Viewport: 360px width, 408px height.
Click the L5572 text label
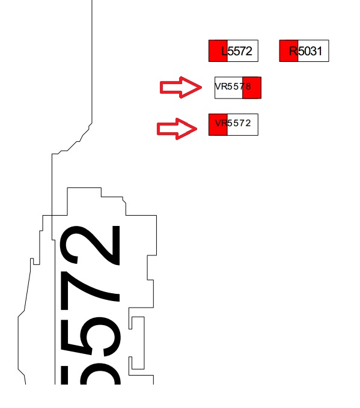[x=237, y=51]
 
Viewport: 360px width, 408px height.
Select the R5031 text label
[x=305, y=51]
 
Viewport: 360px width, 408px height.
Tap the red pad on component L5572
[x=218, y=50]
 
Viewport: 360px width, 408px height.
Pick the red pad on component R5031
[x=288, y=50]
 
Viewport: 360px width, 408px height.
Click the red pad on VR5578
[x=252, y=88]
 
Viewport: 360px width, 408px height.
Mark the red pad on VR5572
[x=218, y=124]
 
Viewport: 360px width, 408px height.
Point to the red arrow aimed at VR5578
[x=181, y=88]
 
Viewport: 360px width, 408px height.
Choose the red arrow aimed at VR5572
[x=177, y=129]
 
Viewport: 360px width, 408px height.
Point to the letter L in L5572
[x=224, y=51]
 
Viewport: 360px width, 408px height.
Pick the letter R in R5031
[x=293, y=51]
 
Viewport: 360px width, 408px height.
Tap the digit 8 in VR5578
[x=248, y=87]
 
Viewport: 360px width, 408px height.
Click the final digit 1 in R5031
[x=319, y=51]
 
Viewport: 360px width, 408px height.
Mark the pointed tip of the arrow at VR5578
[x=202, y=88]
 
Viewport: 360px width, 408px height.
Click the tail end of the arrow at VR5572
[x=157, y=129]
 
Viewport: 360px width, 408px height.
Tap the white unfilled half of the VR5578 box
[x=228, y=88]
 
